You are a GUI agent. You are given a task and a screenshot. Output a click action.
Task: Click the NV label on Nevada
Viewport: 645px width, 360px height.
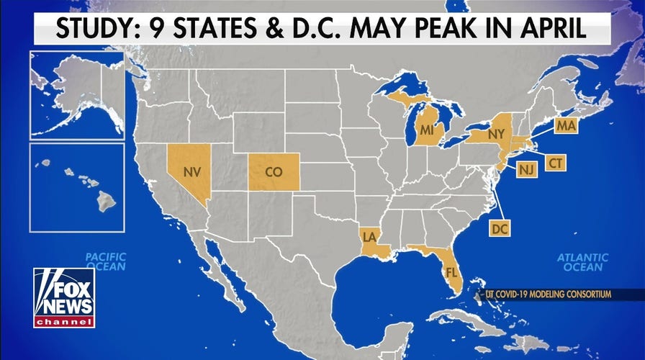(x=191, y=173)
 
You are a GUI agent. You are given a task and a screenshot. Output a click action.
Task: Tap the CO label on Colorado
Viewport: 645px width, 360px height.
(x=274, y=173)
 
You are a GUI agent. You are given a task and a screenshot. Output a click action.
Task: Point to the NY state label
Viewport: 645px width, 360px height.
(x=497, y=135)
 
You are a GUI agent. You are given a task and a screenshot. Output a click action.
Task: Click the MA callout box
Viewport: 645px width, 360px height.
(x=565, y=127)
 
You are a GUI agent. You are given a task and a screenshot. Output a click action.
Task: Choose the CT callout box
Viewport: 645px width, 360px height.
(x=555, y=163)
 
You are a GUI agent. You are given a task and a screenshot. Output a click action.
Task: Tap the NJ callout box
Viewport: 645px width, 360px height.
(x=527, y=170)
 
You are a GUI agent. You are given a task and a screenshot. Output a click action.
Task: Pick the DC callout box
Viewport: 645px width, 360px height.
(x=500, y=229)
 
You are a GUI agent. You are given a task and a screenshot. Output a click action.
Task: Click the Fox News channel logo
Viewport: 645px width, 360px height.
(x=64, y=297)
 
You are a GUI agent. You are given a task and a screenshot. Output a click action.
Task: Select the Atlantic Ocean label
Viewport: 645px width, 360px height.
(x=583, y=262)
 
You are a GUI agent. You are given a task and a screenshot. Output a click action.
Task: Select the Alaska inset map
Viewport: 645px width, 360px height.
(x=77, y=95)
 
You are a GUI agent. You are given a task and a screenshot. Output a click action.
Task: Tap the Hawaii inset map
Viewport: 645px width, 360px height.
(x=77, y=187)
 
